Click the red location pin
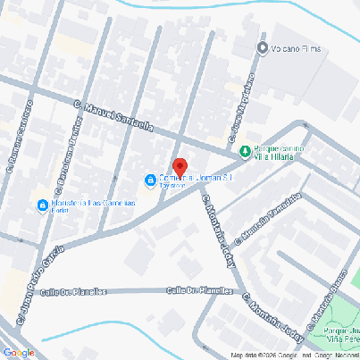[x=179, y=168]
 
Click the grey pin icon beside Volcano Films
[x=263, y=47]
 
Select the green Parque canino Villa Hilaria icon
[x=244, y=152]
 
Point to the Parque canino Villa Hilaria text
[x=280, y=151]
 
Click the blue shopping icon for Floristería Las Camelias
[x=42, y=206]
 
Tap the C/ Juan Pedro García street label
[x=39, y=282]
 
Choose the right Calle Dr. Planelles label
[x=194, y=290]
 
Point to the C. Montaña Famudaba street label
[x=269, y=219]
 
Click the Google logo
[x=19, y=353]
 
